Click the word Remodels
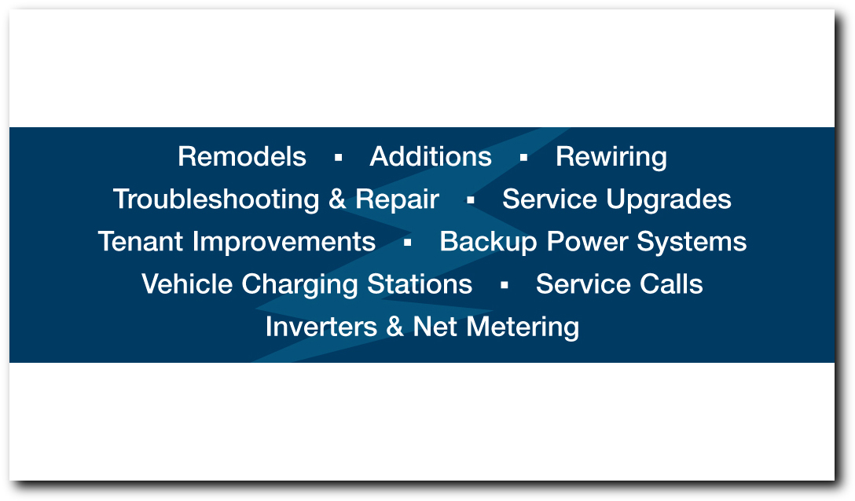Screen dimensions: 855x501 pos(241,156)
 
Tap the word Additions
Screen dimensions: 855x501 pos(431,156)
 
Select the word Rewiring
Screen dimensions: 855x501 pos(611,158)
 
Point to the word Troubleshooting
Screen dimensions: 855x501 pos(216,200)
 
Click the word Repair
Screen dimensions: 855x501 pos(397,200)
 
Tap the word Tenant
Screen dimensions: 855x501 pos(140,242)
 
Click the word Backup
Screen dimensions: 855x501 pos(488,243)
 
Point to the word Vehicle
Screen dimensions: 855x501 pos(187,284)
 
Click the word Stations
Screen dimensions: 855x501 pos(420,284)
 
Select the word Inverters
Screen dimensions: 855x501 pos(321,327)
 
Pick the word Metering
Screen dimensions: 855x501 pos(523,327)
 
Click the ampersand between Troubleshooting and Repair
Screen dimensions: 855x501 pos(337,199)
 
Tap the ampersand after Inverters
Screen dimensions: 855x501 pos(394,327)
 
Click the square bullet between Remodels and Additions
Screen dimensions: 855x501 pos(338,158)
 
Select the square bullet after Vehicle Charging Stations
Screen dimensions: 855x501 pos(504,285)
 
